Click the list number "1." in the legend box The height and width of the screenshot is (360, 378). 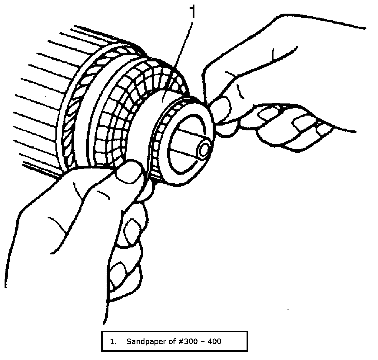click(x=114, y=342)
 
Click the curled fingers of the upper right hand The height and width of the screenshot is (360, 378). click(x=291, y=127)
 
